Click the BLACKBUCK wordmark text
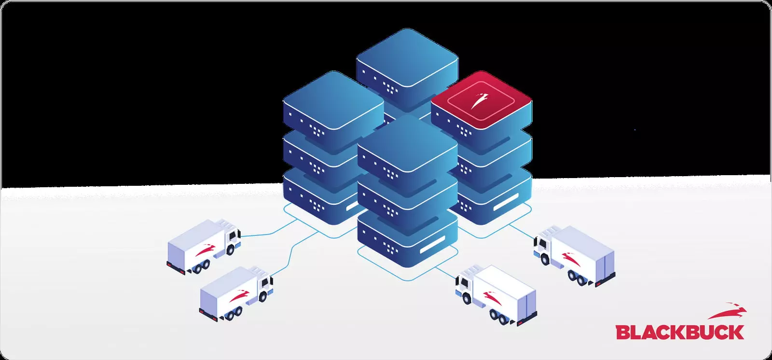(680, 332)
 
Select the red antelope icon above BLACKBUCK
(727, 311)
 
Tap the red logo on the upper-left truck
(206, 250)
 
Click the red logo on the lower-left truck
(239, 296)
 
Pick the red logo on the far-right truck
(571, 259)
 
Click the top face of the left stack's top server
(333, 100)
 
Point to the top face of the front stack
(408, 143)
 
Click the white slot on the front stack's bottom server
(432, 244)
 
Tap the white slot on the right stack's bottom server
(506, 202)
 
